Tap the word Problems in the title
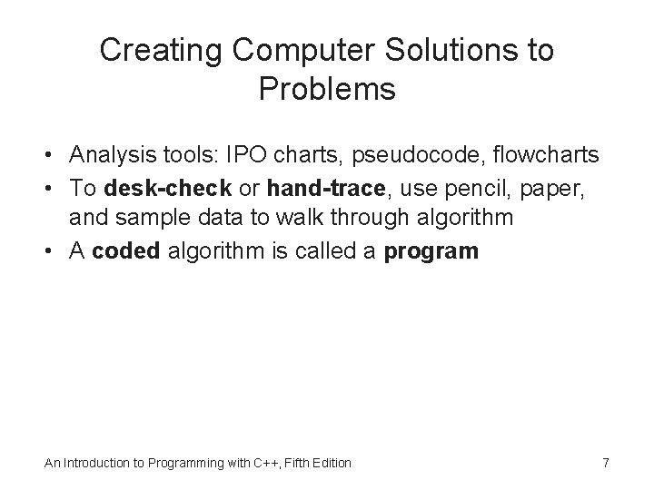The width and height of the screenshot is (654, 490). click(327, 90)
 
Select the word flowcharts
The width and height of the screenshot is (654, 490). click(547, 156)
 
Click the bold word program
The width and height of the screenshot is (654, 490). click(431, 251)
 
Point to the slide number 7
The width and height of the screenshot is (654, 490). click(605, 463)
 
